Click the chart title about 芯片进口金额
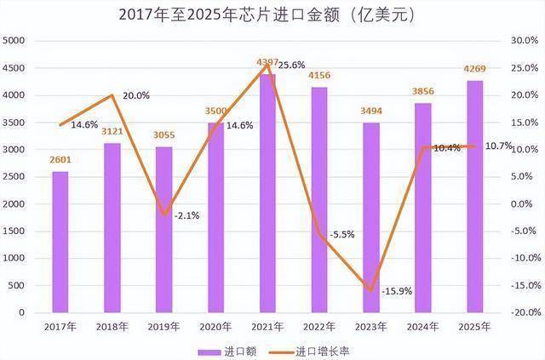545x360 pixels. pyautogui.click(x=272, y=14)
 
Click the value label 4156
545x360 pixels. pyautogui.click(x=319, y=77)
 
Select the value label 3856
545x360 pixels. pyautogui.click(x=423, y=94)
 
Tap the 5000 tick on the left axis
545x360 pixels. pyautogui.click(x=16, y=41)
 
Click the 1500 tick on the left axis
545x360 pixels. pyautogui.click(x=16, y=231)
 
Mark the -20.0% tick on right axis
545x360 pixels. pyautogui.click(x=522, y=313)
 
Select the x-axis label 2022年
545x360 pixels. pyautogui.click(x=319, y=327)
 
